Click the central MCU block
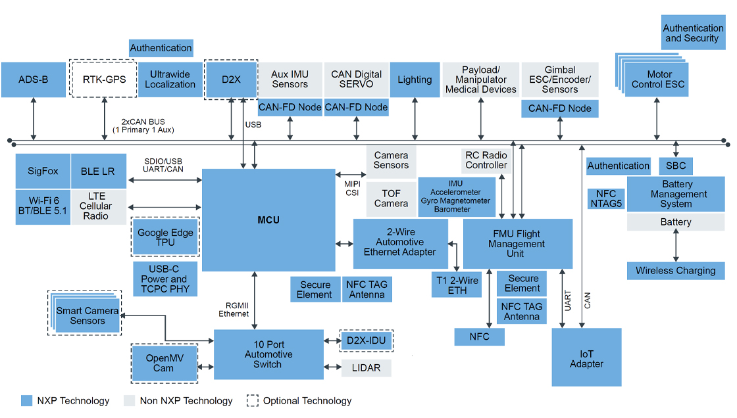click(268, 220)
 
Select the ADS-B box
click(34, 80)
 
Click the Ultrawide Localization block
click(170, 80)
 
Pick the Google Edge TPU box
click(165, 237)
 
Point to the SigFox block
click(43, 171)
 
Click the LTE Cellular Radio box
click(99, 206)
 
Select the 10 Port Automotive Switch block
click(268, 354)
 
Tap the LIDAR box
click(366, 368)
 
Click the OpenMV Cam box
click(164, 363)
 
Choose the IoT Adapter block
click(586, 358)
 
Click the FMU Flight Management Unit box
click(517, 244)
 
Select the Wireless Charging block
click(675, 270)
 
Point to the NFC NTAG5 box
click(606, 198)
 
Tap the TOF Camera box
click(391, 199)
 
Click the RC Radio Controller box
click(486, 160)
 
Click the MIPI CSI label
click(352, 189)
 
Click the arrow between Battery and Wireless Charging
click(676, 246)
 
